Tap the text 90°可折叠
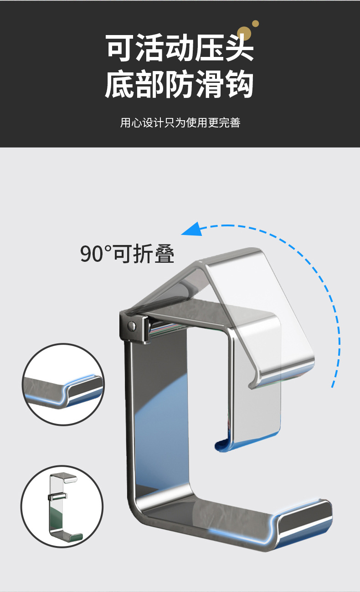pyautogui.click(x=127, y=254)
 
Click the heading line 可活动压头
pyautogui.click(x=180, y=47)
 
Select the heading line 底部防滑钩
pyautogui.click(x=180, y=84)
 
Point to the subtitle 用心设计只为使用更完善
pyautogui.click(x=180, y=122)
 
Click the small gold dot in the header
pyautogui.click(x=256, y=23)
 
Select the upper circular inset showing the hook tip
pyautogui.click(x=63, y=385)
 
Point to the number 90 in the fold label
pyautogui.click(x=92, y=254)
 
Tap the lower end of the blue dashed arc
pyautogui.click(x=333, y=385)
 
